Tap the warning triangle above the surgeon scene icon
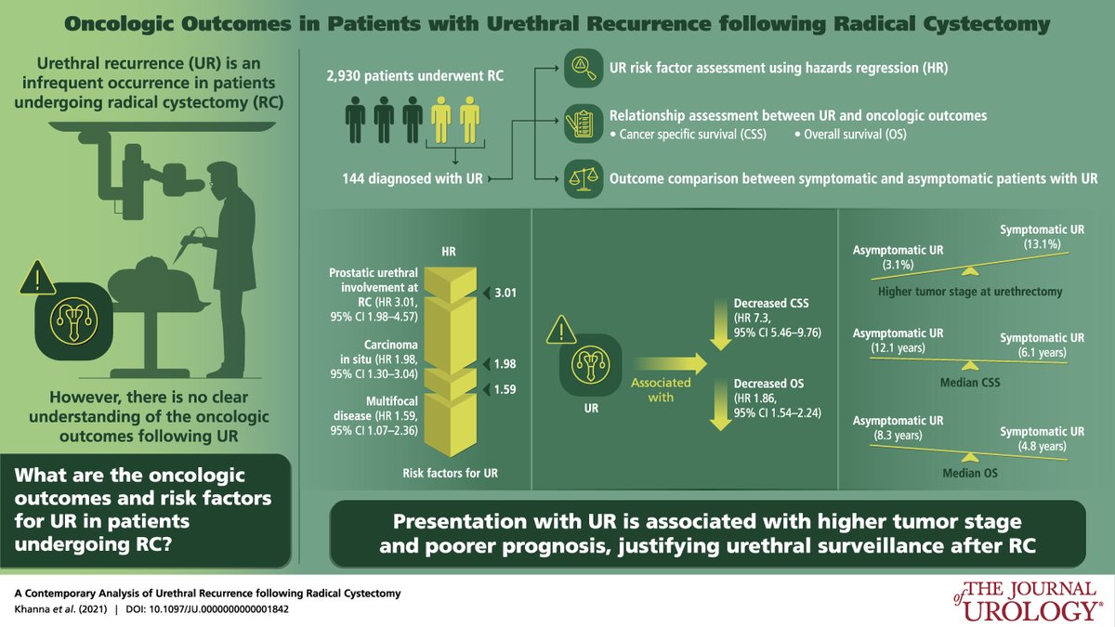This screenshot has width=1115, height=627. click(37, 277)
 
